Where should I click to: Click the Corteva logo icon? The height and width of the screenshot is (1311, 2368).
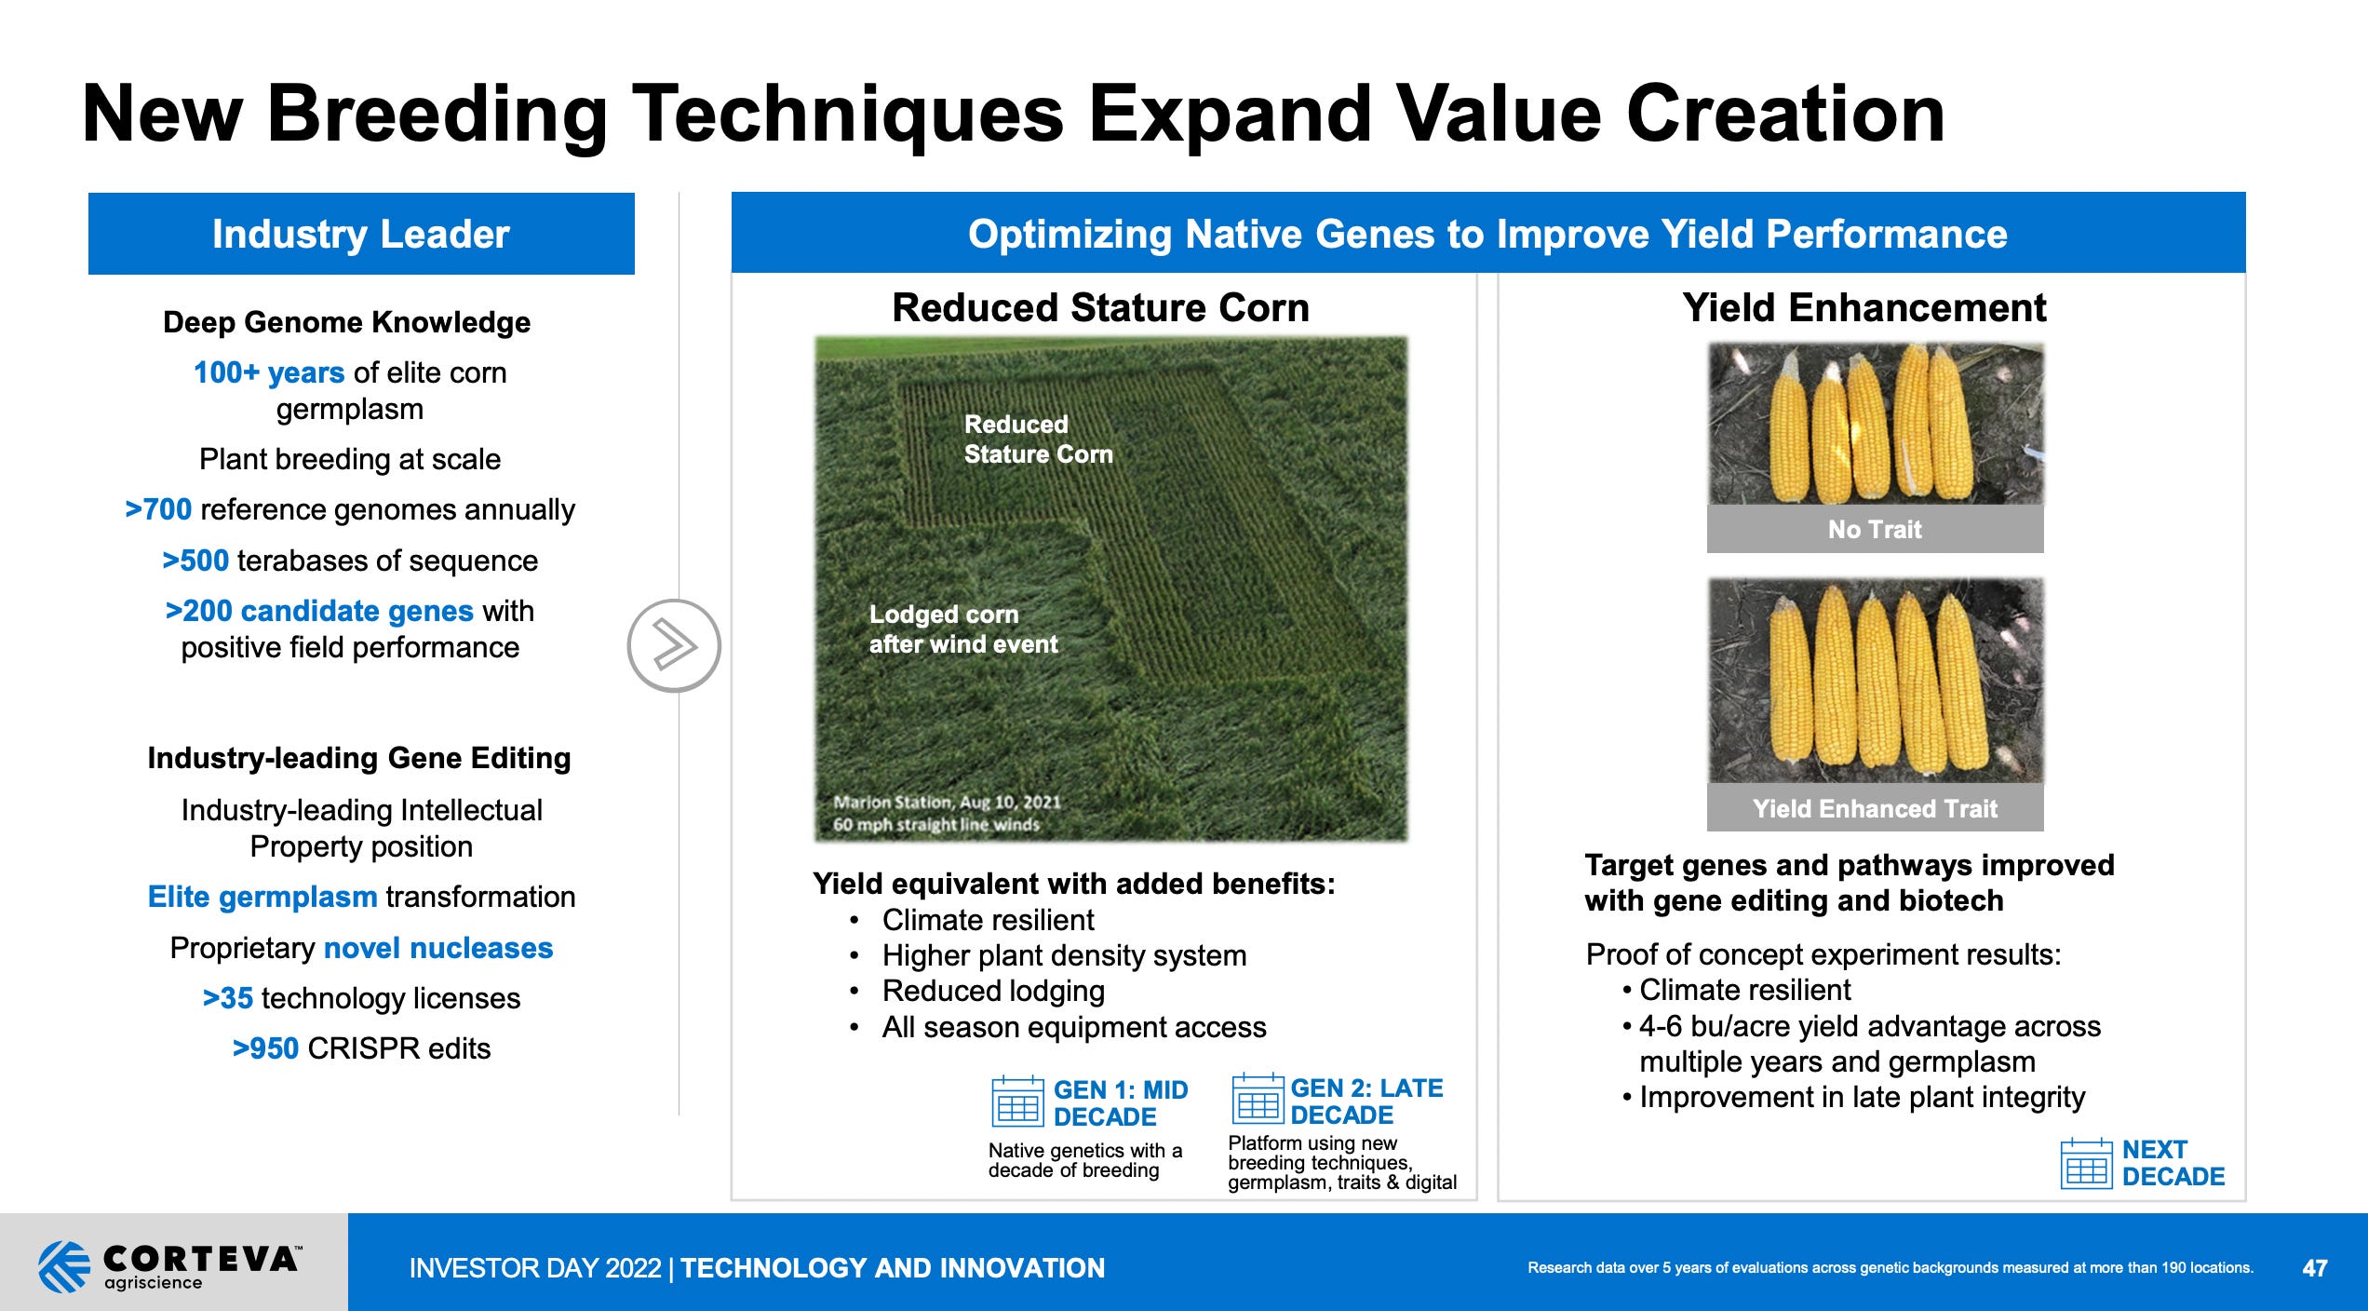(x=64, y=1266)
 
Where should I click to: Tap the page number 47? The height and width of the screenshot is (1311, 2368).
(x=2314, y=1268)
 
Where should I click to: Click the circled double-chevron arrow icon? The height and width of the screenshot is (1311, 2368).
(x=674, y=645)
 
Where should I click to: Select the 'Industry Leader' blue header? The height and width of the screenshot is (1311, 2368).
(x=361, y=234)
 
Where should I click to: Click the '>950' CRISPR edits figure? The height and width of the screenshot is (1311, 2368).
(x=265, y=1048)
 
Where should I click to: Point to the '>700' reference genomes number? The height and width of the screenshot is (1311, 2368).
(x=158, y=509)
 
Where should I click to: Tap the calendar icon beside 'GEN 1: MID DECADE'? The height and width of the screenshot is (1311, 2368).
(x=1017, y=1102)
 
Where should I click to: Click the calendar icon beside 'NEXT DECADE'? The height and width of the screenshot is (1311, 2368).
(x=2086, y=1164)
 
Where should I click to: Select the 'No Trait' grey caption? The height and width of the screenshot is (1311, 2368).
(x=1875, y=529)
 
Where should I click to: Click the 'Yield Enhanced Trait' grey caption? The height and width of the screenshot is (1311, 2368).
(x=1875, y=808)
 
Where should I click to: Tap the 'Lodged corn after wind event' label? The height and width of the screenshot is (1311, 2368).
(x=962, y=629)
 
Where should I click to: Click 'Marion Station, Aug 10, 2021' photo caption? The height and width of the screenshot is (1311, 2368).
(x=947, y=803)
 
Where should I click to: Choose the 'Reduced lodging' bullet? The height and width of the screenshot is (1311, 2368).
(x=993, y=991)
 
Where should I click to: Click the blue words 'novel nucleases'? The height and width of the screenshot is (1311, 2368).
(x=437, y=948)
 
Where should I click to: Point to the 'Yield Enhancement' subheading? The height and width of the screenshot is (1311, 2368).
(x=1863, y=308)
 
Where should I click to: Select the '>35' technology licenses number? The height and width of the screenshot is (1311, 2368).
(x=228, y=998)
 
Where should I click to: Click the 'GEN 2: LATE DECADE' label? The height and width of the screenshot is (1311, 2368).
(x=1366, y=1102)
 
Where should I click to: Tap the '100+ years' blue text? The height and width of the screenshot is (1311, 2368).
(x=269, y=372)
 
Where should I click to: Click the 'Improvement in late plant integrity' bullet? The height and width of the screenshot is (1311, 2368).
(x=1862, y=1097)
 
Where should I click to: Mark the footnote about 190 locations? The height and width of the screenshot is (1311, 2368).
(x=1890, y=1268)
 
